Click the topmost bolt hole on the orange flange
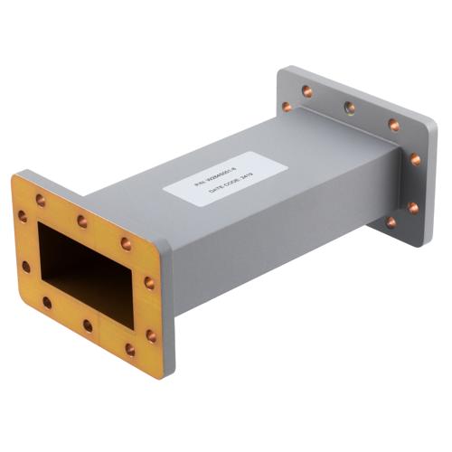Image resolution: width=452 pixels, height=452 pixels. (41, 201)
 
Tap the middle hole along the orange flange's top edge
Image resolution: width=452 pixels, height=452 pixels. (82, 221)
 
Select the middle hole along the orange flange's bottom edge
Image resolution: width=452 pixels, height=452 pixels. (88, 325)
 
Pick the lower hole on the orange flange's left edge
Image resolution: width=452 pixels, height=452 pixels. (25, 268)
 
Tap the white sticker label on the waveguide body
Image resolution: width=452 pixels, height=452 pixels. (225, 181)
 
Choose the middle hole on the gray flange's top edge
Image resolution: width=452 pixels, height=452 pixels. (349, 107)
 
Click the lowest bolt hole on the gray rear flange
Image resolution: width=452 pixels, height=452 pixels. (391, 221)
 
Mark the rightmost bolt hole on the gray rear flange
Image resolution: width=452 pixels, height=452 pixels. (415, 160)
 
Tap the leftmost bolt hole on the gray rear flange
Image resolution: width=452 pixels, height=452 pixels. (287, 107)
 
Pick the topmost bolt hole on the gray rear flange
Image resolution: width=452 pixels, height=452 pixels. (306, 89)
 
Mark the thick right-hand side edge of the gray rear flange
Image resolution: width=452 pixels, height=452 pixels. (431, 181)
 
